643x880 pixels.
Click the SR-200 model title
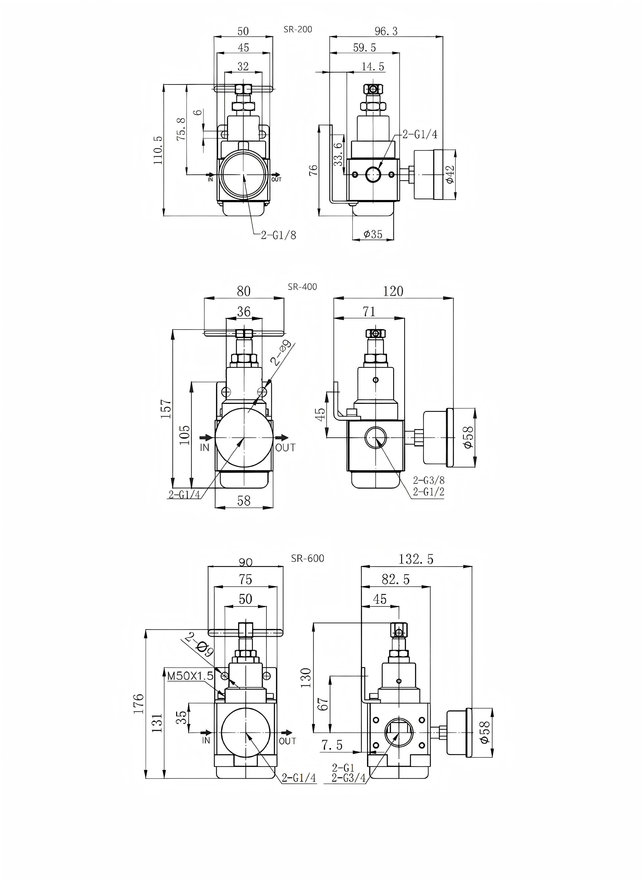[298, 29]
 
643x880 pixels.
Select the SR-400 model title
[302, 287]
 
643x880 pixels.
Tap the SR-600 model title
[308, 558]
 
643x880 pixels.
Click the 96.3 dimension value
[386, 31]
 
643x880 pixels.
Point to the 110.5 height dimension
[158, 150]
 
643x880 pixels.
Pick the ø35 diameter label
[373, 234]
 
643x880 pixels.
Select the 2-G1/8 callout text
[278, 235]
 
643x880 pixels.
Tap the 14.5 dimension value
[373, 67]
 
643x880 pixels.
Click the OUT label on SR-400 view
[285, 448]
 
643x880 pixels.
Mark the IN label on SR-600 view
[206, 741]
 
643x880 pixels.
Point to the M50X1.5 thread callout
[190, 676]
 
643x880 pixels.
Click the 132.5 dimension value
[416, 559]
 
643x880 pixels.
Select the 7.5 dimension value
[332, 745]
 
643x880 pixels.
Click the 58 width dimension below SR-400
[244, 501]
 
